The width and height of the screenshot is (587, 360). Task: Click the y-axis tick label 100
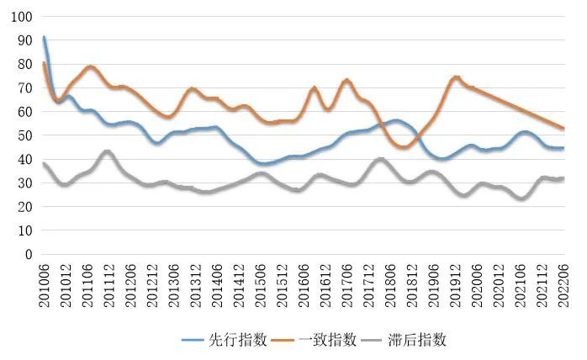coord(21,17)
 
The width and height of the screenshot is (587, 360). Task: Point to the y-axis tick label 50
coord(24,135)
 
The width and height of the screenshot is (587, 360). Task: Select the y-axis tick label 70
coord(24,88)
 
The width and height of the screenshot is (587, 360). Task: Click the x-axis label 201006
coord(44,283)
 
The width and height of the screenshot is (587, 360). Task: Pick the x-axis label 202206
coord(563,283)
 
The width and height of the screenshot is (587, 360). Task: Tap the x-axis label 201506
coord(260,283)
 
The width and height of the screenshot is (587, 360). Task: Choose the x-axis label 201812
coord(412,283)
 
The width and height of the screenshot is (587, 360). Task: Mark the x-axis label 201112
coord(108,283)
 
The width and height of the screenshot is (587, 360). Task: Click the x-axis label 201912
coord(455,283)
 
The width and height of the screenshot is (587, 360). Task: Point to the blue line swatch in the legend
coord(196,340)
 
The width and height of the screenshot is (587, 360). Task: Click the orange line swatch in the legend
coord(285,340)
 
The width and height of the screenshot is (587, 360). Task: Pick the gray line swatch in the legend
coord(374,340)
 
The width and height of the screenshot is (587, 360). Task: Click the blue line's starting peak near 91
coord(44,37)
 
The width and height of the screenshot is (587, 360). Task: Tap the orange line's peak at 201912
coord(456,77)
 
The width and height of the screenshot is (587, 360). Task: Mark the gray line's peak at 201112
coord(106,151)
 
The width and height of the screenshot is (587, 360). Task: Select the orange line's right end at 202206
coord(563,129)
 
